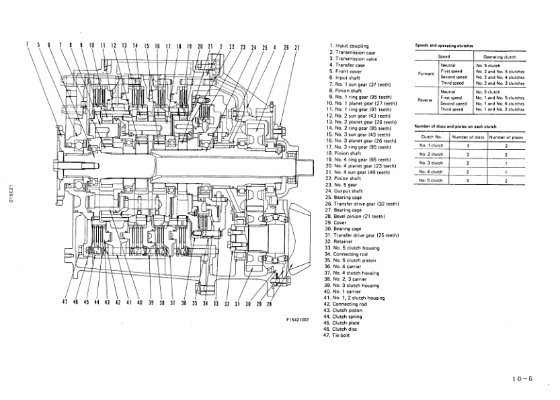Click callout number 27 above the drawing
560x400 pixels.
click(296, 48)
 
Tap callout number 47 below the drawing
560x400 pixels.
click(65, 303)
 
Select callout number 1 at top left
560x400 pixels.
click(28, 46)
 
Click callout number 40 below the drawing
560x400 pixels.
click(139, 303)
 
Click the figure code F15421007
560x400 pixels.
click(296, 321)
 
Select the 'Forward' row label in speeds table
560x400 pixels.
click(426, 73)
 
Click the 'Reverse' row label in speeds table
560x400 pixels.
click(426, 99)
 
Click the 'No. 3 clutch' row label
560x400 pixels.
click(431, 163)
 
